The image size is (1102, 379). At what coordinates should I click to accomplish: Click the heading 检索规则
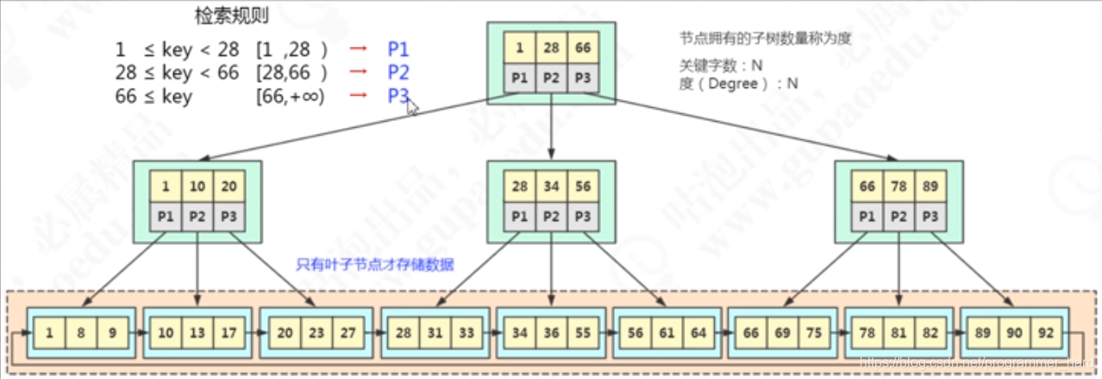click(x=231, y=16)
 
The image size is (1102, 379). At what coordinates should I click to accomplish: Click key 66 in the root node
click(x=583, y=47)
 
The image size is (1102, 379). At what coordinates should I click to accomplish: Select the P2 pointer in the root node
click(x=551, y=77)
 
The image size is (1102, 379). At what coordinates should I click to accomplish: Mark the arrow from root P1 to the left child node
click(x=345, y=129)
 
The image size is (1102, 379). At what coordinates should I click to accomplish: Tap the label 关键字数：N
click(x=721, y=65)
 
